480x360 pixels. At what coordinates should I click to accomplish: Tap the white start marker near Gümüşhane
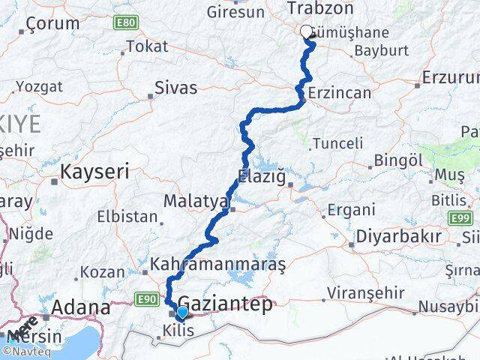pos(307,31)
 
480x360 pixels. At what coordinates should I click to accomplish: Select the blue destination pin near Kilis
pos(181,311)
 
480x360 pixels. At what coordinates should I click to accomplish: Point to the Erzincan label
pos(340,93)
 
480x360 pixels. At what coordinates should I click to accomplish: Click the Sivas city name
pos(175,88)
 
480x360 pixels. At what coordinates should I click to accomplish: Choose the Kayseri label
pos(94,172)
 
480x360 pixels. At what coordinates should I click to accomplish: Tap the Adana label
pos(81,307)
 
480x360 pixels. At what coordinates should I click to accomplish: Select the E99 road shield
pos(463,217)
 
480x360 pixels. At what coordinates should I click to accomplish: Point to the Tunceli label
pos(337,142)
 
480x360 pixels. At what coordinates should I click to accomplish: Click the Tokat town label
pos(148,46)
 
